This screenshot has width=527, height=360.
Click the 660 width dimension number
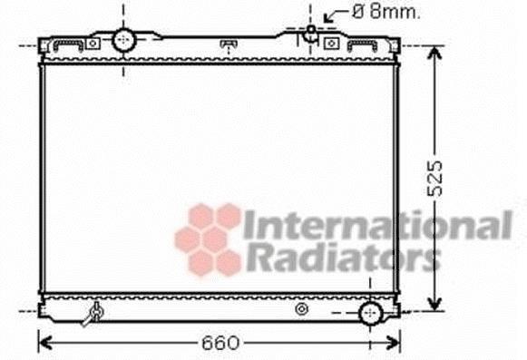coord(220,343)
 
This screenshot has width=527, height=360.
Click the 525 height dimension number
coord(434,179)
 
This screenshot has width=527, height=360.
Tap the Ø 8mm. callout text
coord(385,12)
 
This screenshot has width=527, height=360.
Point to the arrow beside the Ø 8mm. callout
coord(336,15)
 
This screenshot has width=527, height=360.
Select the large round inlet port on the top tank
coord(123,40)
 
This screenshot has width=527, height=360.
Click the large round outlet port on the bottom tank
coord(370,313)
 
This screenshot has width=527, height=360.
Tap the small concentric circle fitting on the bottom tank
coord(301,309)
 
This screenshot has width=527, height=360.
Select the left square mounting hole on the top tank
coord(93,44)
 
